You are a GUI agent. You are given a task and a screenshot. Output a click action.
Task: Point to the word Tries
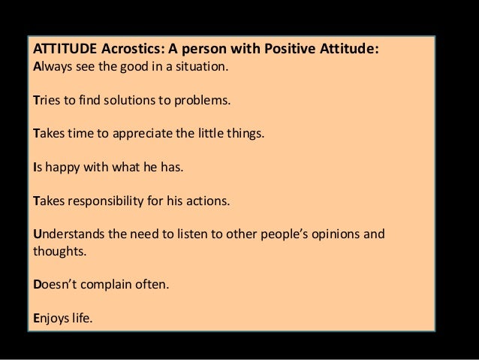click(47, 101)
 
